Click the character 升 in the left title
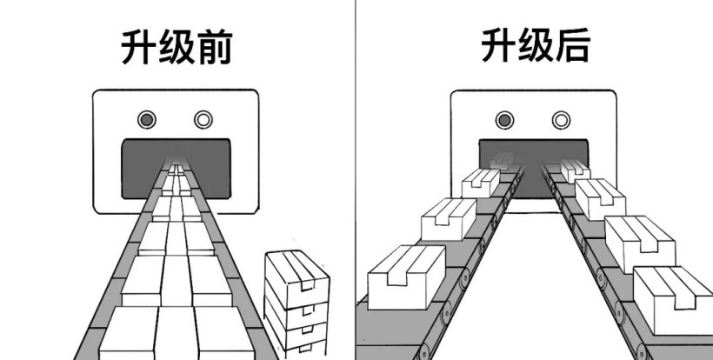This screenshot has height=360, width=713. click(x=138, y=49)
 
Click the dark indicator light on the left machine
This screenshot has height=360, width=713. click(x=147, y=118)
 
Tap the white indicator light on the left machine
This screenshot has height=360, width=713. click(x=203, y=118)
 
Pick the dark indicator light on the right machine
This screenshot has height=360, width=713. click(x=503, y=119)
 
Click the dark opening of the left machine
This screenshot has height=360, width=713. click(x=139, y=165)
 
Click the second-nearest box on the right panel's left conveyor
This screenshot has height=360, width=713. click(x=448, y=218)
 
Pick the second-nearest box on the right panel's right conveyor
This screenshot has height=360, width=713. click(x=639, y=241)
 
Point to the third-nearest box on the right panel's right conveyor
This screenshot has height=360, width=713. click(x=600, y=198)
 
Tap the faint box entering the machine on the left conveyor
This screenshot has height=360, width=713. click(x=503, y=158)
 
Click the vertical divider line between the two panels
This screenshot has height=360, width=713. click(x=356, y=174)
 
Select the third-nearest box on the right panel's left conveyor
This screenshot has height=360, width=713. click(x=480, y=182)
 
